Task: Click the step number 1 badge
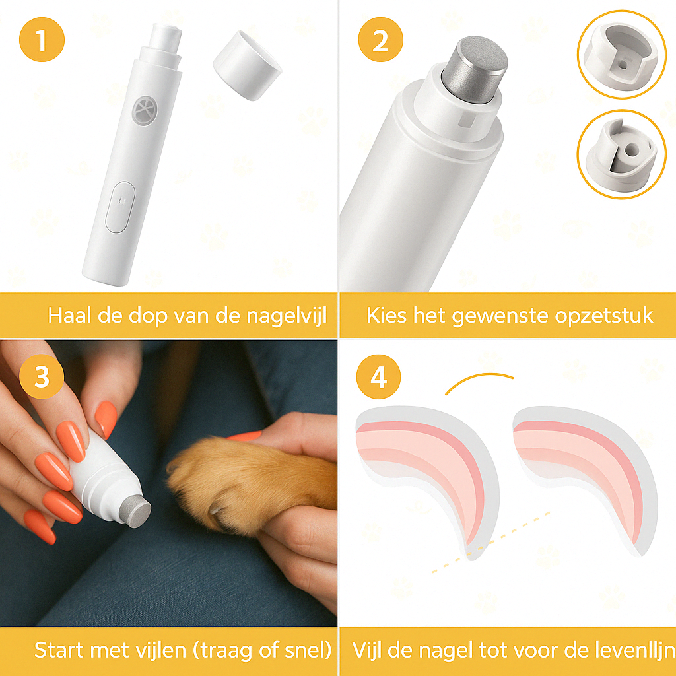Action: [42, 40]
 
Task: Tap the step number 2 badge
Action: [380, 40]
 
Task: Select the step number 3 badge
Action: [42, 378]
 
